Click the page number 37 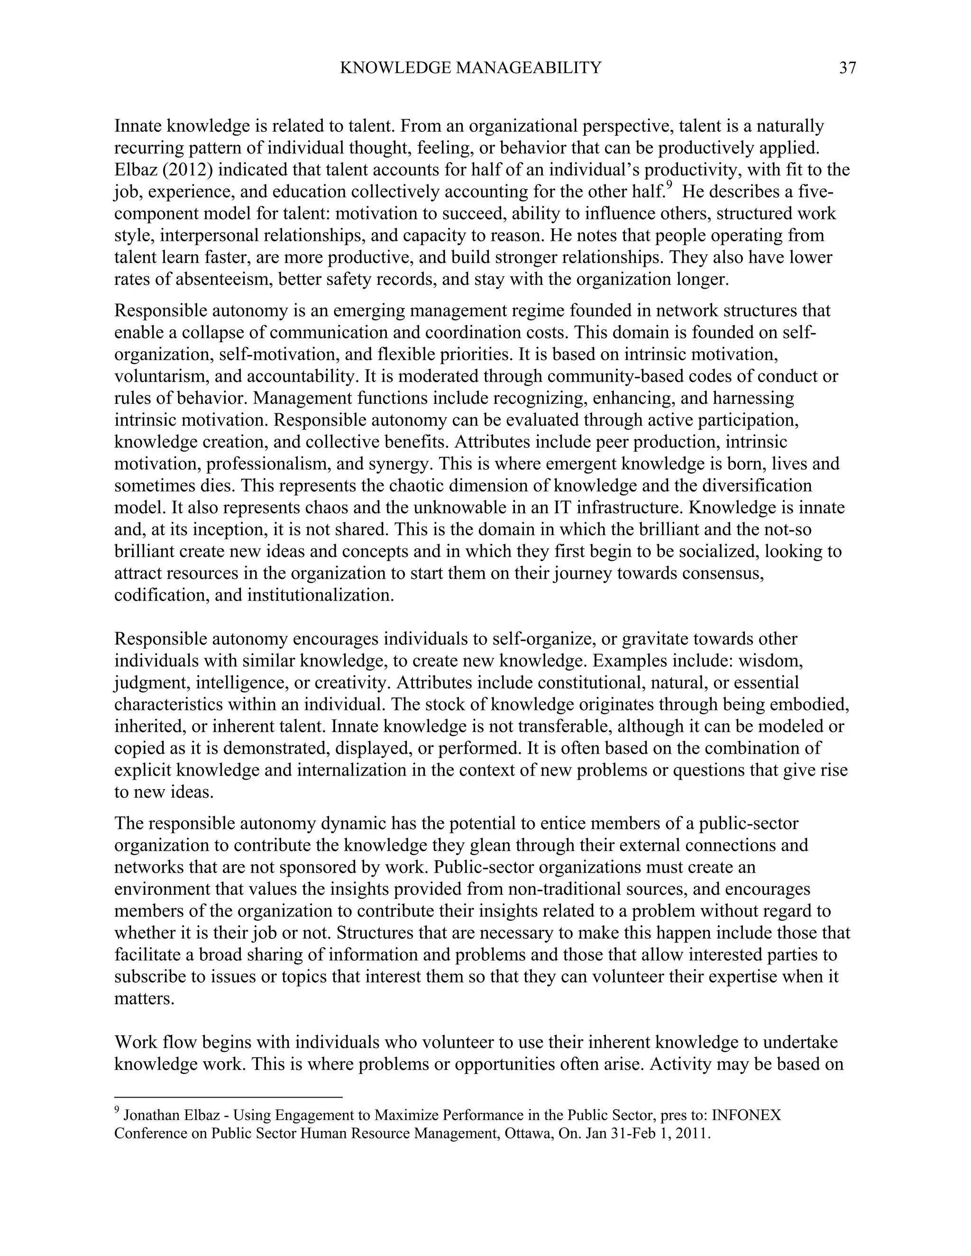click(x=847, y=68)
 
